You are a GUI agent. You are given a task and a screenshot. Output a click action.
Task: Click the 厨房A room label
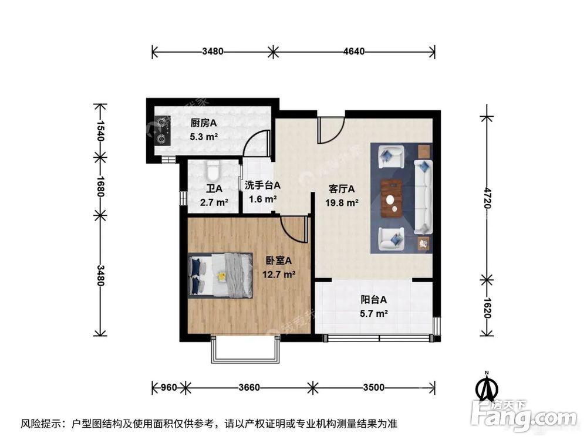[203, 123]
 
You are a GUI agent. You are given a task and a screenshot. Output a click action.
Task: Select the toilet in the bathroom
[212, 170]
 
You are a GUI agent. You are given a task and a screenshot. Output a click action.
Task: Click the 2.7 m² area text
[214, 203]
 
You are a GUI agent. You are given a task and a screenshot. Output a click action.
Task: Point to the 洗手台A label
[262, 185]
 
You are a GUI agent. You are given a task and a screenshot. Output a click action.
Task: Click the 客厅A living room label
[342, 189]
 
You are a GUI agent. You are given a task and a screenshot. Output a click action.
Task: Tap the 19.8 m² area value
[342, 203]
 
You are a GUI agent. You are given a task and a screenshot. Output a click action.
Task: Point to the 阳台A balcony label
[374, 300]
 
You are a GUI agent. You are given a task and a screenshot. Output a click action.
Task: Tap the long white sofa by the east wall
[423, 196]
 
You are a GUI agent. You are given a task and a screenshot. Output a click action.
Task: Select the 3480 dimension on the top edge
[212, 51]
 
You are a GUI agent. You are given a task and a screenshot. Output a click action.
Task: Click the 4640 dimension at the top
[354, 51]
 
